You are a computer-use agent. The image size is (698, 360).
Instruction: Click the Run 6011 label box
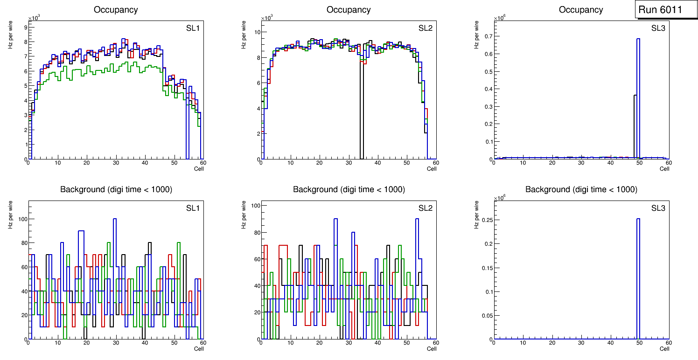tap(660, 10)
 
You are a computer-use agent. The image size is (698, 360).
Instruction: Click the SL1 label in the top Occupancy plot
tap(193, 28)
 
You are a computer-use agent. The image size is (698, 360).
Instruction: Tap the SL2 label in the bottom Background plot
tap(425, 208)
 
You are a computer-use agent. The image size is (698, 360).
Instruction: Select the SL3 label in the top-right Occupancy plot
tap(658, 28)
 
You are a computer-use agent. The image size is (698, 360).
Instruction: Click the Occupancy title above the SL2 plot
tap(349, 10)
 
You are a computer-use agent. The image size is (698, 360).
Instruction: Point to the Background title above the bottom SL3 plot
tap(581, 189)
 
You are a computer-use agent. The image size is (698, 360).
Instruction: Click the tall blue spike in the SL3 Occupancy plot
tap(638, 93)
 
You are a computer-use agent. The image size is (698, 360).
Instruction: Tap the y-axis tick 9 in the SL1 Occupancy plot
tap(25, 27)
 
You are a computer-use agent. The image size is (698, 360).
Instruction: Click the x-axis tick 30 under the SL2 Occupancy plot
tap(348, 163)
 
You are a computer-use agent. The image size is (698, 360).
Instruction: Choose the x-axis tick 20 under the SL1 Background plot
tap(86, 343)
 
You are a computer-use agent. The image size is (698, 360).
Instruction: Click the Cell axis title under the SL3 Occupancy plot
tap(664, 169)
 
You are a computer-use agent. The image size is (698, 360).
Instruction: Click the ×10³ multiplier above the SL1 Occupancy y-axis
tap(34, 18)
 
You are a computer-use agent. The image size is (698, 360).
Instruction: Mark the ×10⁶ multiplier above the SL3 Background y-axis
tap(500, 198)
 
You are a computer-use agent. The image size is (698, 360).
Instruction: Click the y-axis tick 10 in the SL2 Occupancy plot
tap(256, 32)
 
